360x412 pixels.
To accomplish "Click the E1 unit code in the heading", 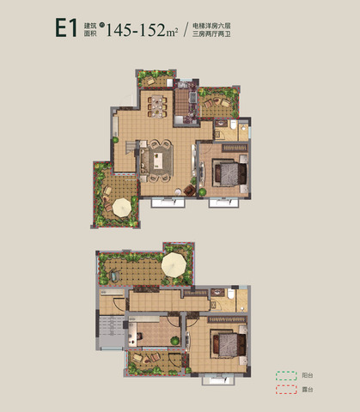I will [68, 27].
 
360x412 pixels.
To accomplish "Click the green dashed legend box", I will [282, 375].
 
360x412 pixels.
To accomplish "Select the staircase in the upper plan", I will [128, 156].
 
